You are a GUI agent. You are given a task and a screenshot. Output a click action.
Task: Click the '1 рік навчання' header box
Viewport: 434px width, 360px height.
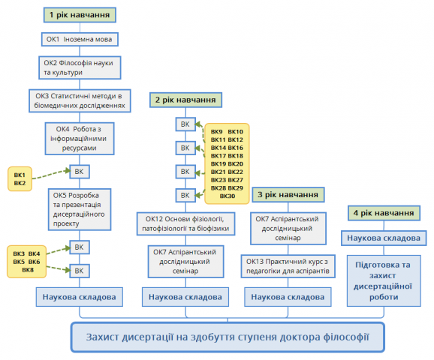point(80,15)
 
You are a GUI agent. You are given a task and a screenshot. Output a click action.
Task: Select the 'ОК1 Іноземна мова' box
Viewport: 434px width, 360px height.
point(80,39)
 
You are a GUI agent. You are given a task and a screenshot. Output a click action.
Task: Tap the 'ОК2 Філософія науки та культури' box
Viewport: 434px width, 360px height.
point(80,67)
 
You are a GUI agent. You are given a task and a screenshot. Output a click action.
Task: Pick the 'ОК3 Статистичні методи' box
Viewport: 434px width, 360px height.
point(80,100)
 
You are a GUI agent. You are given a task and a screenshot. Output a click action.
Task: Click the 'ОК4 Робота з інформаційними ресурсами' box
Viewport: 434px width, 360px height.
point(80,139)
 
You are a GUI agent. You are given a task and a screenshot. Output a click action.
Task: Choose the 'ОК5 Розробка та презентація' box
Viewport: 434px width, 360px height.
point(80,209)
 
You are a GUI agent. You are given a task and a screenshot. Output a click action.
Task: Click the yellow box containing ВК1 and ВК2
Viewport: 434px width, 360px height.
point(20,179)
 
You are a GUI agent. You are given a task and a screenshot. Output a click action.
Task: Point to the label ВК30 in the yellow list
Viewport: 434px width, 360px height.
point(228,196)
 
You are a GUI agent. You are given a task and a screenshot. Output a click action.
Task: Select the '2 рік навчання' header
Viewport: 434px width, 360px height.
point(185,100)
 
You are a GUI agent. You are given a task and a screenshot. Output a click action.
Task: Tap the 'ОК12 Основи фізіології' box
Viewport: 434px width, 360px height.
point(185,223)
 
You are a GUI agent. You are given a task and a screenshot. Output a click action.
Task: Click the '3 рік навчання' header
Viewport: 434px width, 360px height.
point(288,195)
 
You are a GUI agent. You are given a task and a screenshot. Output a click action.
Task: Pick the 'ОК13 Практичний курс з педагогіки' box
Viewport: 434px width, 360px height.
point(288,266)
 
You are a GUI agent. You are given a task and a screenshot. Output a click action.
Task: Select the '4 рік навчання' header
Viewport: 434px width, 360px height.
point(384,213)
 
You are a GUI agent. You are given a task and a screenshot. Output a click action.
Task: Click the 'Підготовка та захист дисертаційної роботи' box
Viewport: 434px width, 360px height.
point(384,280)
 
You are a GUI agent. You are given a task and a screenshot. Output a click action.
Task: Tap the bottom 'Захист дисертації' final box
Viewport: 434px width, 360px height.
point(228,337)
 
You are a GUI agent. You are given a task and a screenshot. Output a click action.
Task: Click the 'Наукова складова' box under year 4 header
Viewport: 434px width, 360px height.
point(384,238)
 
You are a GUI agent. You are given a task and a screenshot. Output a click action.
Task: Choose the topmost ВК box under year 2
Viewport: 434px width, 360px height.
point(185,124)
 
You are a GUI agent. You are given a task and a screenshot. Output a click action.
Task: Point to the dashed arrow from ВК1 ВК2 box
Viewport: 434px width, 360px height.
point(51,174)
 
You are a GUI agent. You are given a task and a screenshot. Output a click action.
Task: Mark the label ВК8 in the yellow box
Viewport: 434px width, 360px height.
point(28,270)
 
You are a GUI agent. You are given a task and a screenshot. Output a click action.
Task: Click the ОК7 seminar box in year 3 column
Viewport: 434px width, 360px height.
point(288,229)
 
